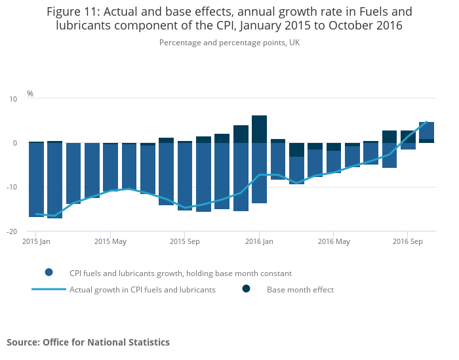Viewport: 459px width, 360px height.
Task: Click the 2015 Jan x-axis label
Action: click(36, 242)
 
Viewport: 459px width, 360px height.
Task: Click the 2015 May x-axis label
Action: click(110, 242)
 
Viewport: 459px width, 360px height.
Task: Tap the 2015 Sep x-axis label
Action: click(184, 242)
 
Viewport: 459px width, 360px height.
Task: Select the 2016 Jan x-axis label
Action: click(259, 242)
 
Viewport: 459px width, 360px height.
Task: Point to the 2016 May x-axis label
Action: click(333, 242)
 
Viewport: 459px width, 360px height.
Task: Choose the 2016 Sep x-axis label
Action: click(407, 242)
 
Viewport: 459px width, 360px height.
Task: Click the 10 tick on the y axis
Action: click(13, 99)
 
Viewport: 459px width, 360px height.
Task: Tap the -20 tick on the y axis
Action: click(12, 232)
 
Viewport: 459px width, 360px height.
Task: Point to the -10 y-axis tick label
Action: click(12, 188)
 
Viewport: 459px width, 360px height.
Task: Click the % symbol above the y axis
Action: click(30, 94)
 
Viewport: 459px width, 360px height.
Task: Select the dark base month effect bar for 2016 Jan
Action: click(259, 129)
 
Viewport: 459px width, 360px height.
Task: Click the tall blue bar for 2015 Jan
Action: click(36, 179)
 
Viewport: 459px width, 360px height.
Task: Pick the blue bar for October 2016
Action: click(426, 130)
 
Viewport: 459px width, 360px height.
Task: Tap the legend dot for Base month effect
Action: click(247, 289)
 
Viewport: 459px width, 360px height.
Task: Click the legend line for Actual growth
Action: click(49, 289)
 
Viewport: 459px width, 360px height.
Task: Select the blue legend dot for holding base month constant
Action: click(49, 273)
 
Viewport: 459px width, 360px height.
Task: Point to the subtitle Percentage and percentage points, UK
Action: click(229, 43)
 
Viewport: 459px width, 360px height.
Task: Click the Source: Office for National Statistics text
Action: click(88, 342)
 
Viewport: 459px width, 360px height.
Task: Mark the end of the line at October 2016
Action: click(427, 122)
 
